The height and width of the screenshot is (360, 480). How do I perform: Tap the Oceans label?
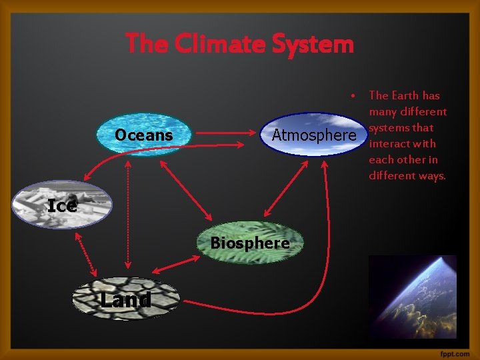click(143, 135)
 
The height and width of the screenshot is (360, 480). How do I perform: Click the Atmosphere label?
click(314, 135)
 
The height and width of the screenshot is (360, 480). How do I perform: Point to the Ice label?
click(63, 206)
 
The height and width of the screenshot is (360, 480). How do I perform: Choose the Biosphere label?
click(250, 243)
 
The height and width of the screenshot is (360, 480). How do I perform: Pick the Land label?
click(125, 300)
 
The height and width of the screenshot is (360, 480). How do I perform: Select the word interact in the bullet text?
click(388, 143)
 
